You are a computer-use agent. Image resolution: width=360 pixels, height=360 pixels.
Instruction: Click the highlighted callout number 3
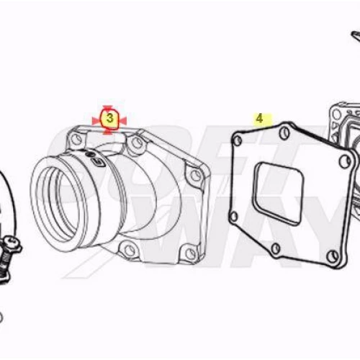[109, 118]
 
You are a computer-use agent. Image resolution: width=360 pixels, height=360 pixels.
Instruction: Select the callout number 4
[259, 119]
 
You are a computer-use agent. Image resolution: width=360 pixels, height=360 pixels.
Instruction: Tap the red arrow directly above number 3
[107, 107]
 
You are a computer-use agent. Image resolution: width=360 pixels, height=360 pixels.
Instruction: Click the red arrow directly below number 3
[107, 132]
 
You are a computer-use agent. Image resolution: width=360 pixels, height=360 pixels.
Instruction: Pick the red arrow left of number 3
[96, 121]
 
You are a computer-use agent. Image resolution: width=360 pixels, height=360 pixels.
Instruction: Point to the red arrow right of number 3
[122, 121]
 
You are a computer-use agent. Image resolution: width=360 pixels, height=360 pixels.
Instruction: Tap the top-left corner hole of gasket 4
[238, 140]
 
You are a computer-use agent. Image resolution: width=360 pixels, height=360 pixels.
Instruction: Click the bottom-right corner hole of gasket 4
[333, 256]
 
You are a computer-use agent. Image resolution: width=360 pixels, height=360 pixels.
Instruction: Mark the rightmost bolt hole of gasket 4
[345, 160]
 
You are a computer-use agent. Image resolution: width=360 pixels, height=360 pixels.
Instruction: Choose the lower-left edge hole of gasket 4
[233, 216]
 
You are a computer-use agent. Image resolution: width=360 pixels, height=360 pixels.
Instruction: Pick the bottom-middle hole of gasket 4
[276, 248]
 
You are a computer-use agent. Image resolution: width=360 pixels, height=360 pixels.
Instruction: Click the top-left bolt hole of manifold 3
[77, 139]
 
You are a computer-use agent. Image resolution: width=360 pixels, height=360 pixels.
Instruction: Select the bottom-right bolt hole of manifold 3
[191, 252]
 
